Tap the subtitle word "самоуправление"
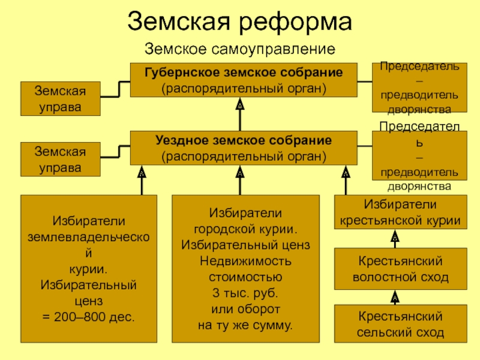(x=273, y=49)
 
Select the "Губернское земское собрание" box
(x=244, y=80)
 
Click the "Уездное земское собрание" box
(x=244, y=148)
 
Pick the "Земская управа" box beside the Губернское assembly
(x=61, y=98)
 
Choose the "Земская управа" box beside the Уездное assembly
(x=61, y=159)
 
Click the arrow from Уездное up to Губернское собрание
(x=240, y=114)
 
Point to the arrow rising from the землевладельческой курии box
(x=142, y=181)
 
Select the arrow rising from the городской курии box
(x=240, y=181)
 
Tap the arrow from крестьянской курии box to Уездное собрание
(x=346, y=181)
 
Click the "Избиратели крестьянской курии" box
(x=400, y=212)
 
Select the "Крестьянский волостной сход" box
(x=400, y=269)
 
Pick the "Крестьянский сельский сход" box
(x=400, y=323)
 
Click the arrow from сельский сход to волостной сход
(x=395, y=297)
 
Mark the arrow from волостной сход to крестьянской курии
(x=395, y=239)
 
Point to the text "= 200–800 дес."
(x=88, y=317)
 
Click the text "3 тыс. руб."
(x=245, y=293)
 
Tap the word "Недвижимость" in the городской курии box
(x=245, y=261)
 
